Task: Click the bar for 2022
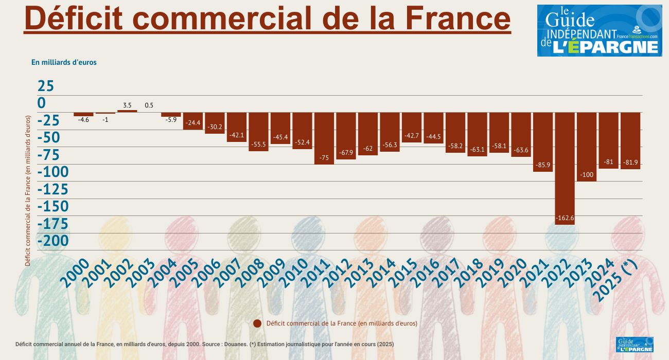565,165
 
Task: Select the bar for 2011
324,138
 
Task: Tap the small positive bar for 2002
127,111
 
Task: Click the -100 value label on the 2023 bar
587,175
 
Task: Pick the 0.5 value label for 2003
149,105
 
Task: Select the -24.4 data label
193,123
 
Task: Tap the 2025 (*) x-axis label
615,280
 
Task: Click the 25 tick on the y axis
45,86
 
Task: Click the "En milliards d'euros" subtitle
64,62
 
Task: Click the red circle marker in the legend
257,323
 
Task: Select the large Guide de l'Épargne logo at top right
600,31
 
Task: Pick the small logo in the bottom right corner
635,345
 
